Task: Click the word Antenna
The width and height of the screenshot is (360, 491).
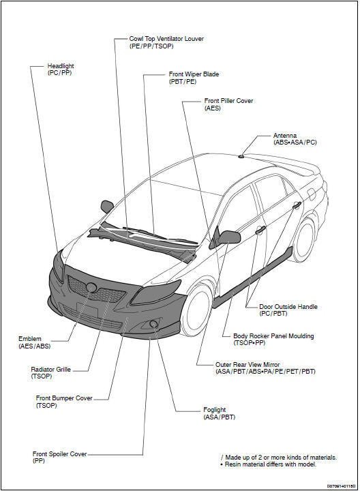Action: [285, 136]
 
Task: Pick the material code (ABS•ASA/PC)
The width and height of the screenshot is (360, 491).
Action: [295, 143]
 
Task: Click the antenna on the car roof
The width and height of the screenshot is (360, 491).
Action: [241, 155]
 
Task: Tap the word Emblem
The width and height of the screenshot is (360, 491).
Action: [30, 339]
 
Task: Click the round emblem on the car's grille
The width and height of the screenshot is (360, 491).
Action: [91, 287]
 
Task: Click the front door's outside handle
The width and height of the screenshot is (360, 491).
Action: [260, 230]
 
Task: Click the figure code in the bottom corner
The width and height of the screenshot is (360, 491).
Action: [342, 486]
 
